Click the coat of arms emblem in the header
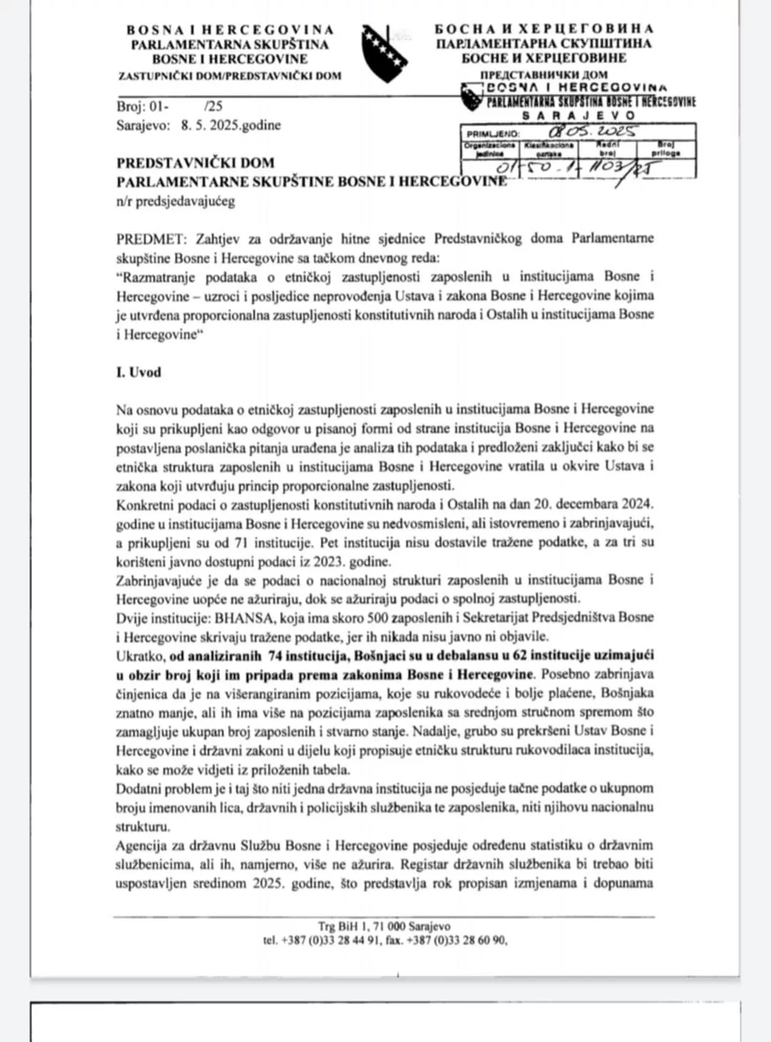click(385, 54)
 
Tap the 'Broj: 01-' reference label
click(143, 106)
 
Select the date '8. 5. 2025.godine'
click(231, 125)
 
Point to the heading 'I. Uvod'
click(138, 372)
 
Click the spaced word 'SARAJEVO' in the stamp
click(578, 115)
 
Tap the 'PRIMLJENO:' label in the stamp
click(493, 133)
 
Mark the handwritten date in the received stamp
click(593, 132)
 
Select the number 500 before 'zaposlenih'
click(377, 617)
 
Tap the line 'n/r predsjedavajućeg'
click(176, 201)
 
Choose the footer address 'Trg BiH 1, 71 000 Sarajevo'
click(384, 926)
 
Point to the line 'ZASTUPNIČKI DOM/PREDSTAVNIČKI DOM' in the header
click(229, 76)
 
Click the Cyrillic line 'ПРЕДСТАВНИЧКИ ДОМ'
click(544, 74)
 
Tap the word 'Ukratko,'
click(141, 655)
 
